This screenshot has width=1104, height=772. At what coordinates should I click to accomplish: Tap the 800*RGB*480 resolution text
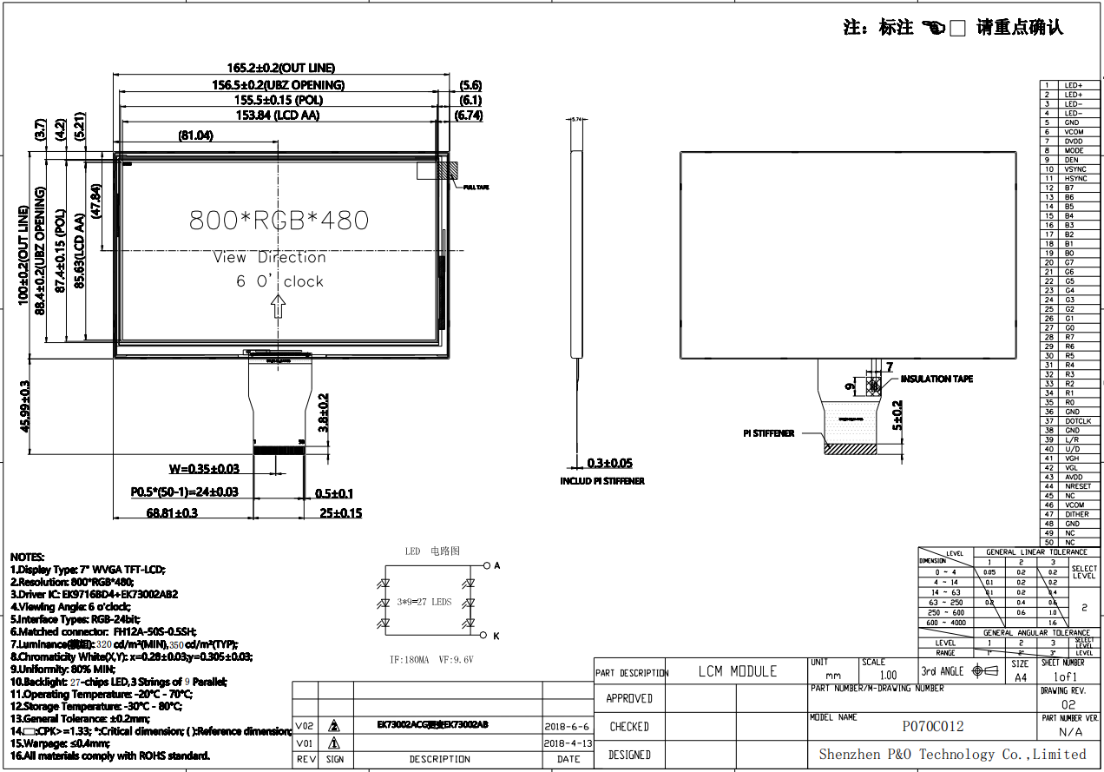279,221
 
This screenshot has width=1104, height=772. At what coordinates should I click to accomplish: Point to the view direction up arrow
279,306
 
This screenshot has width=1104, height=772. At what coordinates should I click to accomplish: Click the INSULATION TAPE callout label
936,379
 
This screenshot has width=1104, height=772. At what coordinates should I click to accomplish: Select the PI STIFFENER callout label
768,433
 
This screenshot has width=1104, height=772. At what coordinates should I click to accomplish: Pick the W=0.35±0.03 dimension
204,469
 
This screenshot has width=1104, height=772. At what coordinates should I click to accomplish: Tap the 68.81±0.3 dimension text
172,513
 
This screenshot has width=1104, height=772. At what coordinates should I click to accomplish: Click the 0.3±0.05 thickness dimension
610,464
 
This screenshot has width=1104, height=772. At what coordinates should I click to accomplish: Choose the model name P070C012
933,727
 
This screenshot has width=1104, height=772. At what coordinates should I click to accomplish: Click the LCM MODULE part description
738,671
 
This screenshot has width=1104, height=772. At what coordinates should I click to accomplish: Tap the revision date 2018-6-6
568,726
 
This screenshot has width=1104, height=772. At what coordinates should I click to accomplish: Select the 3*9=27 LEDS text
424,601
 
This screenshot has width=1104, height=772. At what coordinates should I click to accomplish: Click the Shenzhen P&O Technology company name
952,755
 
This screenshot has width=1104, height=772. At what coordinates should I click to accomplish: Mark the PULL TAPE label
476,188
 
